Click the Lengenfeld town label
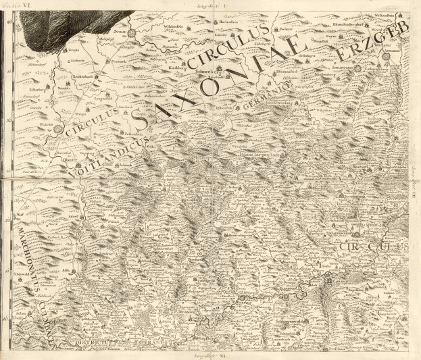[x=103, y=99]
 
